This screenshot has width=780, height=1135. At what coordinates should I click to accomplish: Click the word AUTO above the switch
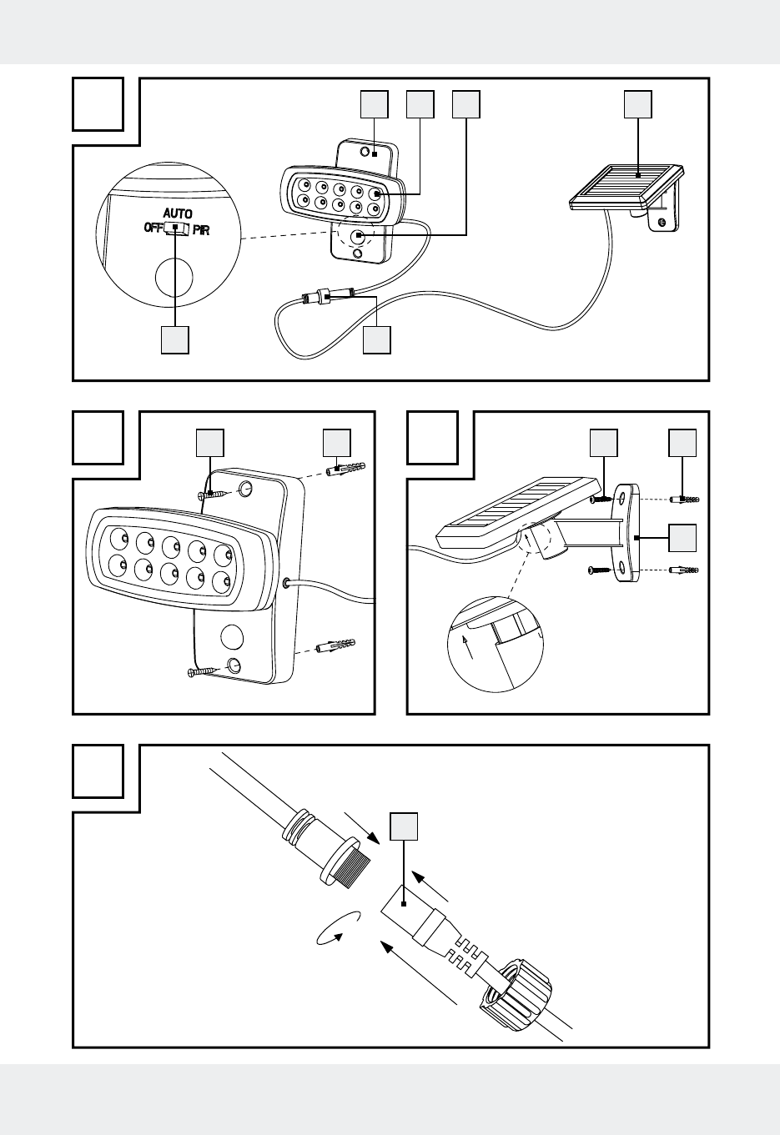click(x=177, y=214)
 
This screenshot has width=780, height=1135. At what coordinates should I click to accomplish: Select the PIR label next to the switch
click(x=201, y=230)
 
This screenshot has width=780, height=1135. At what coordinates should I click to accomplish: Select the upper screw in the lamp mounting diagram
click(x=214, y=495)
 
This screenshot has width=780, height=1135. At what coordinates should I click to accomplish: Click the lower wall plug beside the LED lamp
click(x=337, y=646)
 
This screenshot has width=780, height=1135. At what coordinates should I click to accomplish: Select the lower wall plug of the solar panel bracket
click(x=684, y=570)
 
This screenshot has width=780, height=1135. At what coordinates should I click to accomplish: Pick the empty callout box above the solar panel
click(x=639, y=104)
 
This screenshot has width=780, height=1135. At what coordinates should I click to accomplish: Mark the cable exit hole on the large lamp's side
click(x=288, y=584)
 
